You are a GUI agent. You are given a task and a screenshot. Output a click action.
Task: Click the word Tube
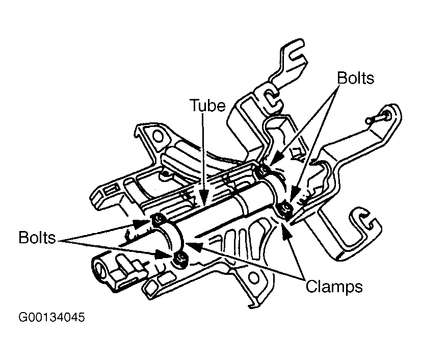click(208, 105)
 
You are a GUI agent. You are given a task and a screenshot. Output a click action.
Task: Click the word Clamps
click(334, 287)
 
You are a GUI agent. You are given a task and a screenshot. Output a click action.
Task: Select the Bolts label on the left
click(37, 238)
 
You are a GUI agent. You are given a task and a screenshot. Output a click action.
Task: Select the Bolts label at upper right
click(355, 78)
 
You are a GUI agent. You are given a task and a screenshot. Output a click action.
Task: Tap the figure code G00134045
click(51, 317)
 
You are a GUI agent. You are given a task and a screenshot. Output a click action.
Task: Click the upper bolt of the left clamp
click(158, 219)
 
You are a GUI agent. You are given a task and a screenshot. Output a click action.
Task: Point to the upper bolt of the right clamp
click(262, 170)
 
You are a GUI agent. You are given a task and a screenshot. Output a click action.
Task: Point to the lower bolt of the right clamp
click(285, 209)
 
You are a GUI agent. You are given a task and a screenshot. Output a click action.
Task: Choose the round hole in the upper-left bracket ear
click(158, 137)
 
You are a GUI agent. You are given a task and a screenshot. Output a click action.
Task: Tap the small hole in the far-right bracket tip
click(387, 115)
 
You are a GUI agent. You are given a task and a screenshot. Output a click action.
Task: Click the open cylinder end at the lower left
click(99, 269)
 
